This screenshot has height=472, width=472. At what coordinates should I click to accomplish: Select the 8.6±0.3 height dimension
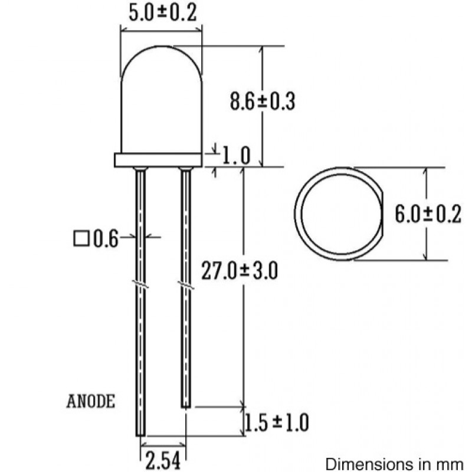[262, 101]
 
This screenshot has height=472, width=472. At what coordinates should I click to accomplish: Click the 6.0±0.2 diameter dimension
[427, 215]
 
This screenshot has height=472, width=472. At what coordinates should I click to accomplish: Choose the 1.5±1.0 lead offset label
[276, 422]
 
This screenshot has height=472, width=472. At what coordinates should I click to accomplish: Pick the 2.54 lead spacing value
[162, 459]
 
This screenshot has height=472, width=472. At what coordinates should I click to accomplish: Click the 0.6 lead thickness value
[104, 239]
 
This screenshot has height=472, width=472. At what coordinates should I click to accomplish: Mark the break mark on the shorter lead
[186, 286]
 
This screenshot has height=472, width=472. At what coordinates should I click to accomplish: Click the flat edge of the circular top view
[381, 214]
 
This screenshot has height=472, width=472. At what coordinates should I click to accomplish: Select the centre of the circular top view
[337, 214]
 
